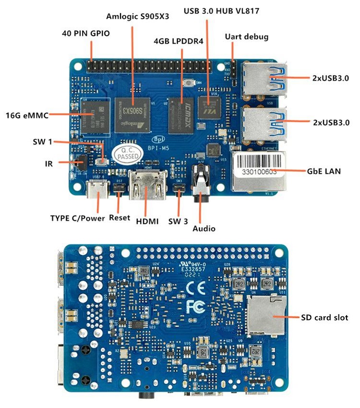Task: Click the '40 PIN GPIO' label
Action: pos(86,34)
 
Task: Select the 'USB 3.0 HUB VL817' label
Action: pos(222,11)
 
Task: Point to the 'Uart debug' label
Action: pos(247,37)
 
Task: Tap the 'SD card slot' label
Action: pos(324,317)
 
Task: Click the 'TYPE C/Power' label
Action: pos(77,218)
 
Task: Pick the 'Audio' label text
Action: pos(204,228)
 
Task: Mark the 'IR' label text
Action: pos(48,163)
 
